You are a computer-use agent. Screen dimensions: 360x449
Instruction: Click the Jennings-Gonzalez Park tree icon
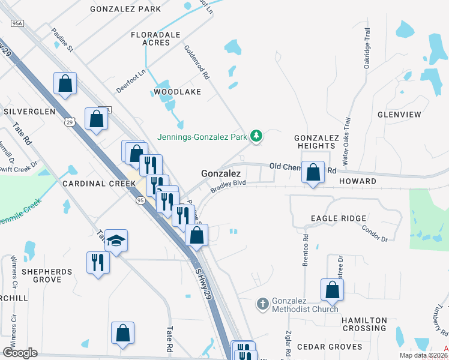(x=257, y=136)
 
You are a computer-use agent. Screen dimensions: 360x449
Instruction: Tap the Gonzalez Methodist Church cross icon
(x=262, y=304)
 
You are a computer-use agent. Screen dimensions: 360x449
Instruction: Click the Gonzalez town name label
(x=220, y=173)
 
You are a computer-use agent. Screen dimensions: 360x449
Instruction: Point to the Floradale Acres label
(x=155, y=38)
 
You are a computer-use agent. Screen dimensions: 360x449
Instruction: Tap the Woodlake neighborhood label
(x=177, y=92)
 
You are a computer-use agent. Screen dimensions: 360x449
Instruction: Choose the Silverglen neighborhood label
(x=29, y=112)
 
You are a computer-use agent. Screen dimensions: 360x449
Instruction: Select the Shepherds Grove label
(x=47, y=275)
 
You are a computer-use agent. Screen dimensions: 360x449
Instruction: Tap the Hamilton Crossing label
(x=364, y=324)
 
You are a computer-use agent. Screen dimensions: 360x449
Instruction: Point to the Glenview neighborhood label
(x=399, y=114)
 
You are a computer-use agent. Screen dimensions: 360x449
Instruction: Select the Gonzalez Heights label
(x=314, y=142)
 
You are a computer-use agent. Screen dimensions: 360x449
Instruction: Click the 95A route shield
(x=17, y=23)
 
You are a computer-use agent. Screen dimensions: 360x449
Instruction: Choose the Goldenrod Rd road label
(x=196, y=64)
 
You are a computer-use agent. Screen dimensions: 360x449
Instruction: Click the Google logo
(x=20, y=352)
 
